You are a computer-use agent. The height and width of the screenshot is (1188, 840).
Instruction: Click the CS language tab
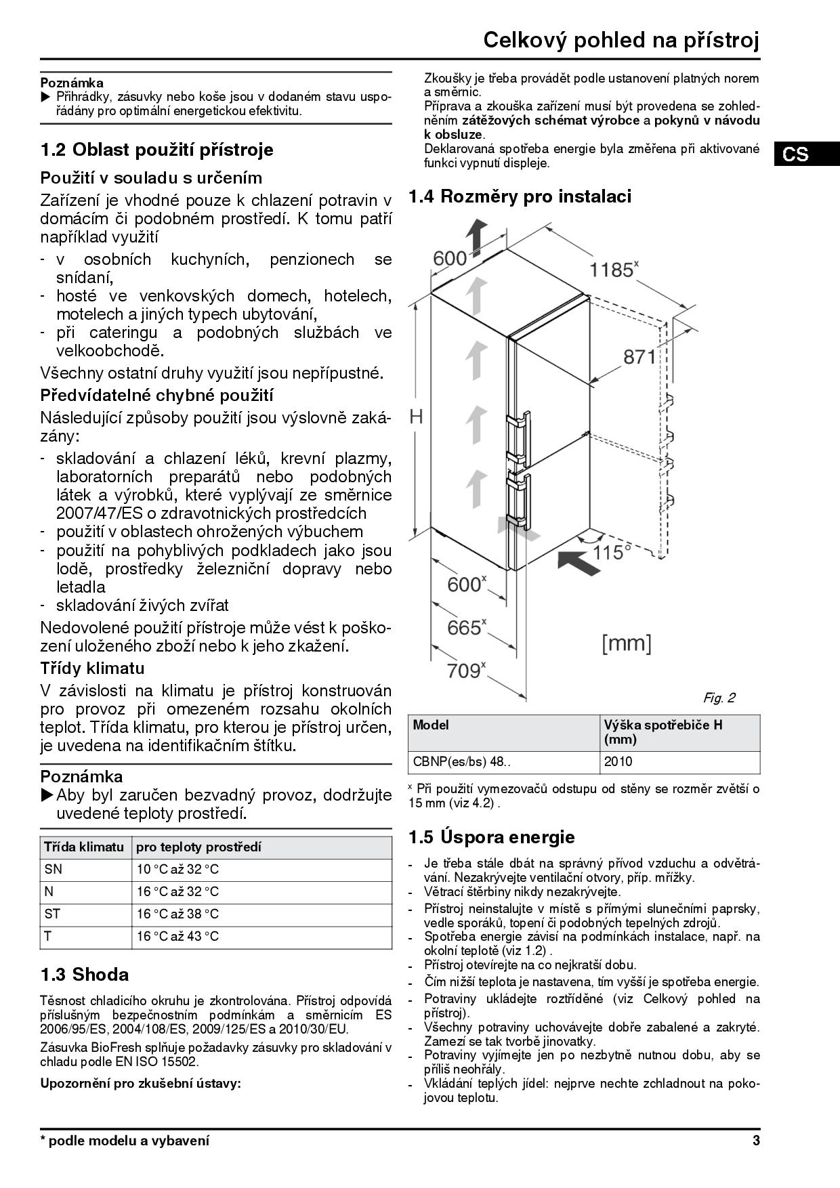[x=795, y=154]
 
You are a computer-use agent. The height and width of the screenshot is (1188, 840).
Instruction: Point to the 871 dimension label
[x=639, y=357]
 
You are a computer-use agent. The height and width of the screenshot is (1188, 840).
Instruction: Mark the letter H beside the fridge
[x=416, y=417]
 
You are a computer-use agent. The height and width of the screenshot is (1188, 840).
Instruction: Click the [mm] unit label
[x=627, y=643]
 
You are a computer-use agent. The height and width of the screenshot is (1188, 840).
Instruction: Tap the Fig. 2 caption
[x=719, y=698]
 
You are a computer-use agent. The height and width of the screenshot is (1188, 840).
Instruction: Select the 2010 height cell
[x=618, y=761]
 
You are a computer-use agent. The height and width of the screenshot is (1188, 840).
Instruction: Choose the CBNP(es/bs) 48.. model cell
[x=462, y=761]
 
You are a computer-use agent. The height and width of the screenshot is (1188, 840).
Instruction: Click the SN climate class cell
[x=53, y=869]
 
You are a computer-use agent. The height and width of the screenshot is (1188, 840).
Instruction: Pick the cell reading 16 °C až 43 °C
[x=178, y=936]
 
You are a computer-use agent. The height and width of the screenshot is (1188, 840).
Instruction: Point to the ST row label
[x=52, y=914]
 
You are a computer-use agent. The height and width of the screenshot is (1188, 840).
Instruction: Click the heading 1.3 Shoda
[x=85, y=975]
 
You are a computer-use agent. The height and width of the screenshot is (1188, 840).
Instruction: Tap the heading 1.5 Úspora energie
[x=491, y=837]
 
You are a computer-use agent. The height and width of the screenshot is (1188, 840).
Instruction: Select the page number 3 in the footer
[x=756, y=1141]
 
